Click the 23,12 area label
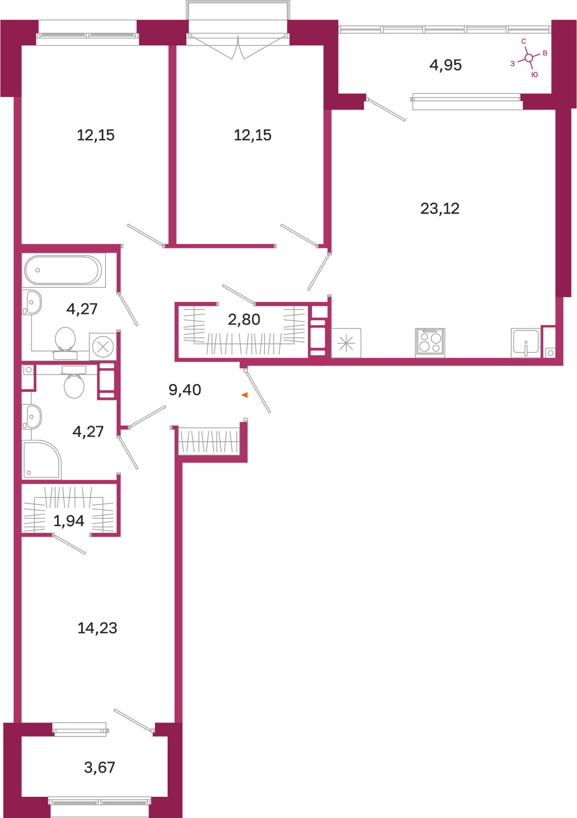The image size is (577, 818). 440,209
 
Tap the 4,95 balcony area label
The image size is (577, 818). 446,65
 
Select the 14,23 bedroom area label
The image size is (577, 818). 97,628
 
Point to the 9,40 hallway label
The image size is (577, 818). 185,390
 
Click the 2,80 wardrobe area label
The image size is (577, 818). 244,320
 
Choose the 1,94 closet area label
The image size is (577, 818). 69,521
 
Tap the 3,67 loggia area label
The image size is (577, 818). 99,768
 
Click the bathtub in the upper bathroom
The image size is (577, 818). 63,270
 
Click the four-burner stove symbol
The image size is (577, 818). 430,342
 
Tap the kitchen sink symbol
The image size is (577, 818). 526,342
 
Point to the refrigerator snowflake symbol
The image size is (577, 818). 346,343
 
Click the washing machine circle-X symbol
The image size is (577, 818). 103,346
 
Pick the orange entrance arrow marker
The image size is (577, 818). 245,395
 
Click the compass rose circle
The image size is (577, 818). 529,58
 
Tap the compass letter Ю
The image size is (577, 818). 534,75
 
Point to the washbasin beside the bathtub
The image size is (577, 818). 32,302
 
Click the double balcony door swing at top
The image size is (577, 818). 238,47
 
